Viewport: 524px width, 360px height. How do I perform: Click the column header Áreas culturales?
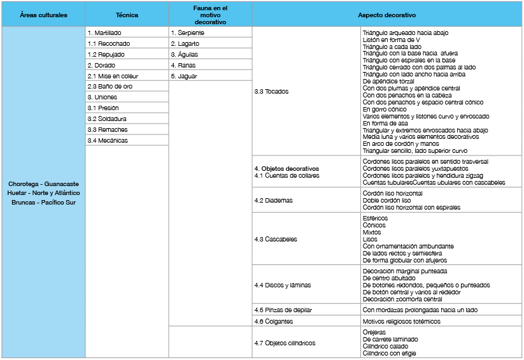[x=43, y=14]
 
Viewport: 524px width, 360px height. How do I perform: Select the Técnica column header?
[x=127, y=14]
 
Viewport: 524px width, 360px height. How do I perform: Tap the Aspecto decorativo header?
[x=386, y=14]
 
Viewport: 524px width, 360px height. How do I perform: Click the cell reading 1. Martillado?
[x=105, y=32]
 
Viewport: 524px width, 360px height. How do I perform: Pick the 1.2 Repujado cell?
[x=106, y=54]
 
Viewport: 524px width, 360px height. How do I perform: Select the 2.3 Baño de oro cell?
[x=110, y=87]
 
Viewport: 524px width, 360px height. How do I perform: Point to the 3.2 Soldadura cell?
[x=107, y=119]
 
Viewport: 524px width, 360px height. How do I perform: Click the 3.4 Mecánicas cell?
[x=108, y=141]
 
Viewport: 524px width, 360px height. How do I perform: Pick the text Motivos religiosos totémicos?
[x=401, y=321]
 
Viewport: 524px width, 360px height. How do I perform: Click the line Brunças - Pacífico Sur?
[x=43, y=203]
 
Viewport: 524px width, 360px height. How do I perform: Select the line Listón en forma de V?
[x=392, y=40]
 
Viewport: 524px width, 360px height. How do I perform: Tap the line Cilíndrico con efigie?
[x=390, y=353]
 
